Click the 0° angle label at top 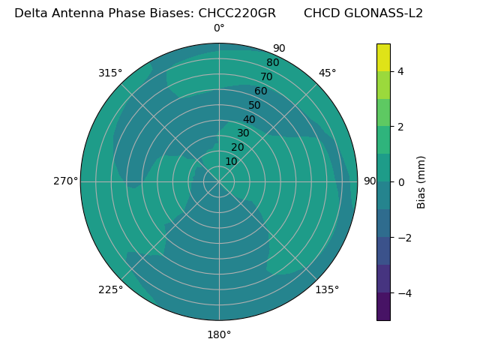[x=219, y=28]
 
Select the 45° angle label [x=327, y=73]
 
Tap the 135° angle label [x=327, y=289]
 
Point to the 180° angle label [x=219, y=334]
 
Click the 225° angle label [x=110, y=289]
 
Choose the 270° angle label [x=65, y=181]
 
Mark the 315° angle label [x=110, y=73]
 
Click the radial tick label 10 [x=231, y=161]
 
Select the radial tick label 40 [x=249, y=119]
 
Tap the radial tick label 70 [x=266, y=76]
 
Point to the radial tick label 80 [x=272, y=62]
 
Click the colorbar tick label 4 [x=400, y=71]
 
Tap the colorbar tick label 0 [x=400, y=182]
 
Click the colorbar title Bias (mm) [x=421, y=182]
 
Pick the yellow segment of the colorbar [x=383, y=57]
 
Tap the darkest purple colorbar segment [x=383, y=307]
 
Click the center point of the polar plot [x=219, y=181]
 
